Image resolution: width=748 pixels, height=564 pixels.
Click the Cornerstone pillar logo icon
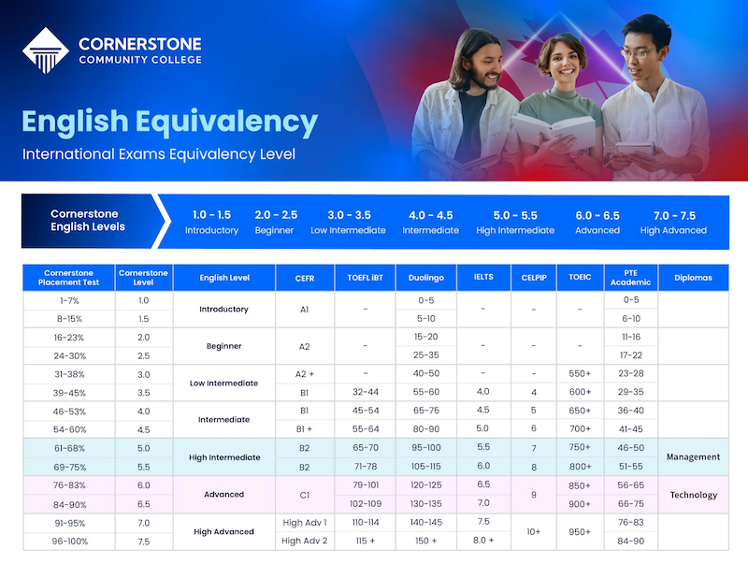pyautogui.click(x=46, y=51)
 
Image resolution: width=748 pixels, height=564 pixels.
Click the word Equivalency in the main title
pyautogui.click(x=226, y=123)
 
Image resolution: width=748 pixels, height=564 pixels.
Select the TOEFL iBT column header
pyautogui.click(x=365, y=277)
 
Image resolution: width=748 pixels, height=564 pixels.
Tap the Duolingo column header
pyautogui.click(x=426, y=278)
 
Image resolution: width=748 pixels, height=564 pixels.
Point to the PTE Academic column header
pyautogui.click(x=630, y=277)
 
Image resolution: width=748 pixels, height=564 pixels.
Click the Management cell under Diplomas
pyautogui.click(x=693, y=456)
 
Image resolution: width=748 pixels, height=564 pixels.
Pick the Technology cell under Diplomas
pyautogui.click(x=693, y=495)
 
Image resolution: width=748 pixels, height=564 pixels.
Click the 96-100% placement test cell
pyautogui.click(x=69, y=542)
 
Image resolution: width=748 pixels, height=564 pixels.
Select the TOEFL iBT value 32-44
pyautogui.click(x=366, y=392)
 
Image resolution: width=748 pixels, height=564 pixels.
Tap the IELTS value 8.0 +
pyautogui.click(x=483, y=540)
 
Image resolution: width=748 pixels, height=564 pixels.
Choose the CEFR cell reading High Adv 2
pyautogui.click(x=305, y=541)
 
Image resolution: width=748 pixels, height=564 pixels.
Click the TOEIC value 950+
pyautogui.click(x=580, y=531)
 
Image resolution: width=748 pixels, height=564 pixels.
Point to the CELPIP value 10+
pyautogui.click(x=533, y=531)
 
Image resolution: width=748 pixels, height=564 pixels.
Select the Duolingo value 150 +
pyautogui.click(x=425, y=541)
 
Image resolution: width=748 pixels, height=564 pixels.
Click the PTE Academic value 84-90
pyautogui.click(x=630, y=541)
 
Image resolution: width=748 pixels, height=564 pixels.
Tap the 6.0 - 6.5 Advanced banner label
pyautogui.click(x=597, y=223)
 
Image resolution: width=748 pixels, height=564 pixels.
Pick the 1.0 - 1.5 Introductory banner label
pyautogui.click(x=211, y=223)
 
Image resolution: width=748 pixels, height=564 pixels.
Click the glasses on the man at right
pyautogui.click(x=638, y=52)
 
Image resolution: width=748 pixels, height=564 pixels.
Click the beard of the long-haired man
pyautogui.click(x=485, y=80)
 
